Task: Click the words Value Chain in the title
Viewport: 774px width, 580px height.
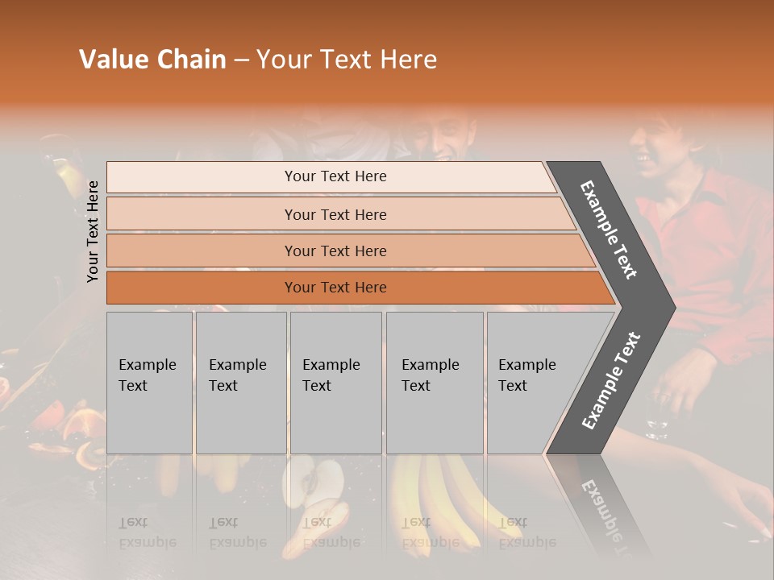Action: [152, 60]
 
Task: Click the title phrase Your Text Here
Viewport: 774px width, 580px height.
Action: [347, 60]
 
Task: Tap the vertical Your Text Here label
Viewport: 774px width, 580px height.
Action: [94, 231]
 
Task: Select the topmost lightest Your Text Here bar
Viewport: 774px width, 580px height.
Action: [335, 176]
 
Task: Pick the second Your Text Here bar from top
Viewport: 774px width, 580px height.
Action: [335, 214]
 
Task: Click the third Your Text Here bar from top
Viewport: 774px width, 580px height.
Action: [335, 251]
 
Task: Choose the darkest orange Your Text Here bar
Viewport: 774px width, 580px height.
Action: [335, 288]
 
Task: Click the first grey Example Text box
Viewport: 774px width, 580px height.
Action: [149, 383]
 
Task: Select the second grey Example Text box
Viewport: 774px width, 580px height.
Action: [240, 383]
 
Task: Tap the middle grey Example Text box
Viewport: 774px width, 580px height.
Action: [335, 383]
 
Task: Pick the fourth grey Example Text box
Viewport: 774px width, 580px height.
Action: [434, 383]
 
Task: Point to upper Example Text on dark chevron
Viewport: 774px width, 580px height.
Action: [609, 230]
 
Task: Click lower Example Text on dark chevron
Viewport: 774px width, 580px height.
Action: [611, 380]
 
